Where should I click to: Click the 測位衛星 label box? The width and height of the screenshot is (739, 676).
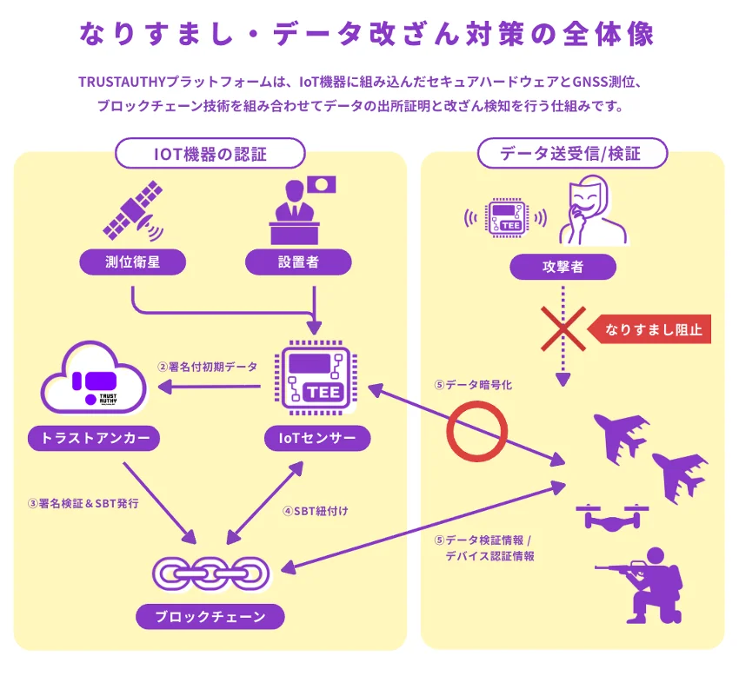[x=132, y=262]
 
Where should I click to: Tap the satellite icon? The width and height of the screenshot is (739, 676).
[x=133, y=211]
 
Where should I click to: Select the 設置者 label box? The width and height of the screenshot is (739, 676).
[x=298, y=262]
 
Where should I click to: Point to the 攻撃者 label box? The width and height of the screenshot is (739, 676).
[x=563, y=267]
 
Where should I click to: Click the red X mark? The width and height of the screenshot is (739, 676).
[x=563, y=330]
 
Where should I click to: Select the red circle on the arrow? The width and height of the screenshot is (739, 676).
[x=476, y=432]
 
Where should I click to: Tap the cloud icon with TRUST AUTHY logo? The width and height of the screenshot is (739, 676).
[x=94, y=381]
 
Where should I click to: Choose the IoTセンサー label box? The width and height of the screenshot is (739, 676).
[x=317, y=438]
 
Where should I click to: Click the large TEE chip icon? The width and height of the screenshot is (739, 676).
[x=314, y=376]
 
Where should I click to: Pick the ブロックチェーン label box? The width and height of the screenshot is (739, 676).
[x=211, y=617]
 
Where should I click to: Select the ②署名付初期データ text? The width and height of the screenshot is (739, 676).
[x=207, y=367]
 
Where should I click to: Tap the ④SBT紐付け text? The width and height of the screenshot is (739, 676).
[x=315, y=511]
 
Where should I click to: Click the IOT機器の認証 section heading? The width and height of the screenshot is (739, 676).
[x=210, y=155]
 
